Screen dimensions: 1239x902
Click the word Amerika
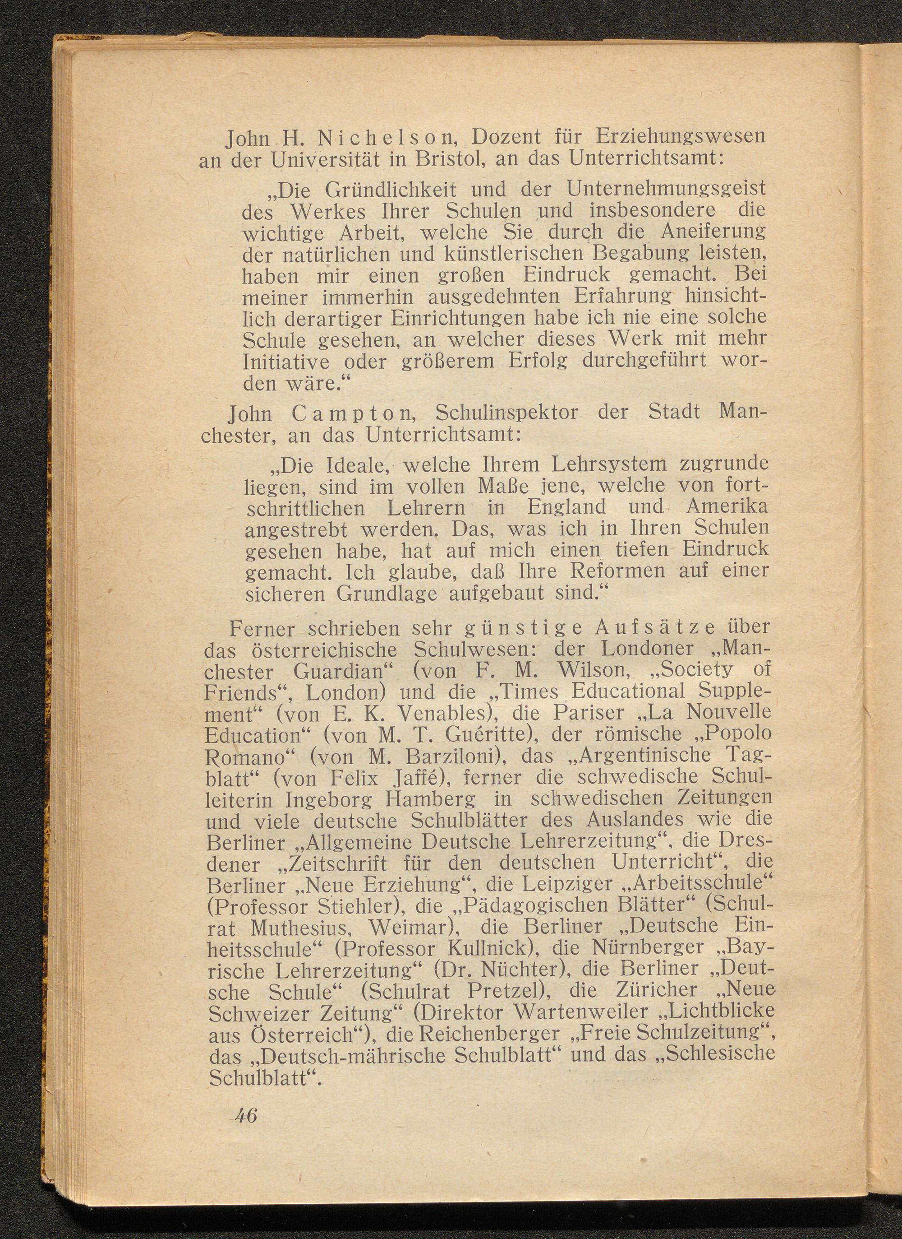pos(727,507)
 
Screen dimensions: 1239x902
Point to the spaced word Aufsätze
pos(655,628)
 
